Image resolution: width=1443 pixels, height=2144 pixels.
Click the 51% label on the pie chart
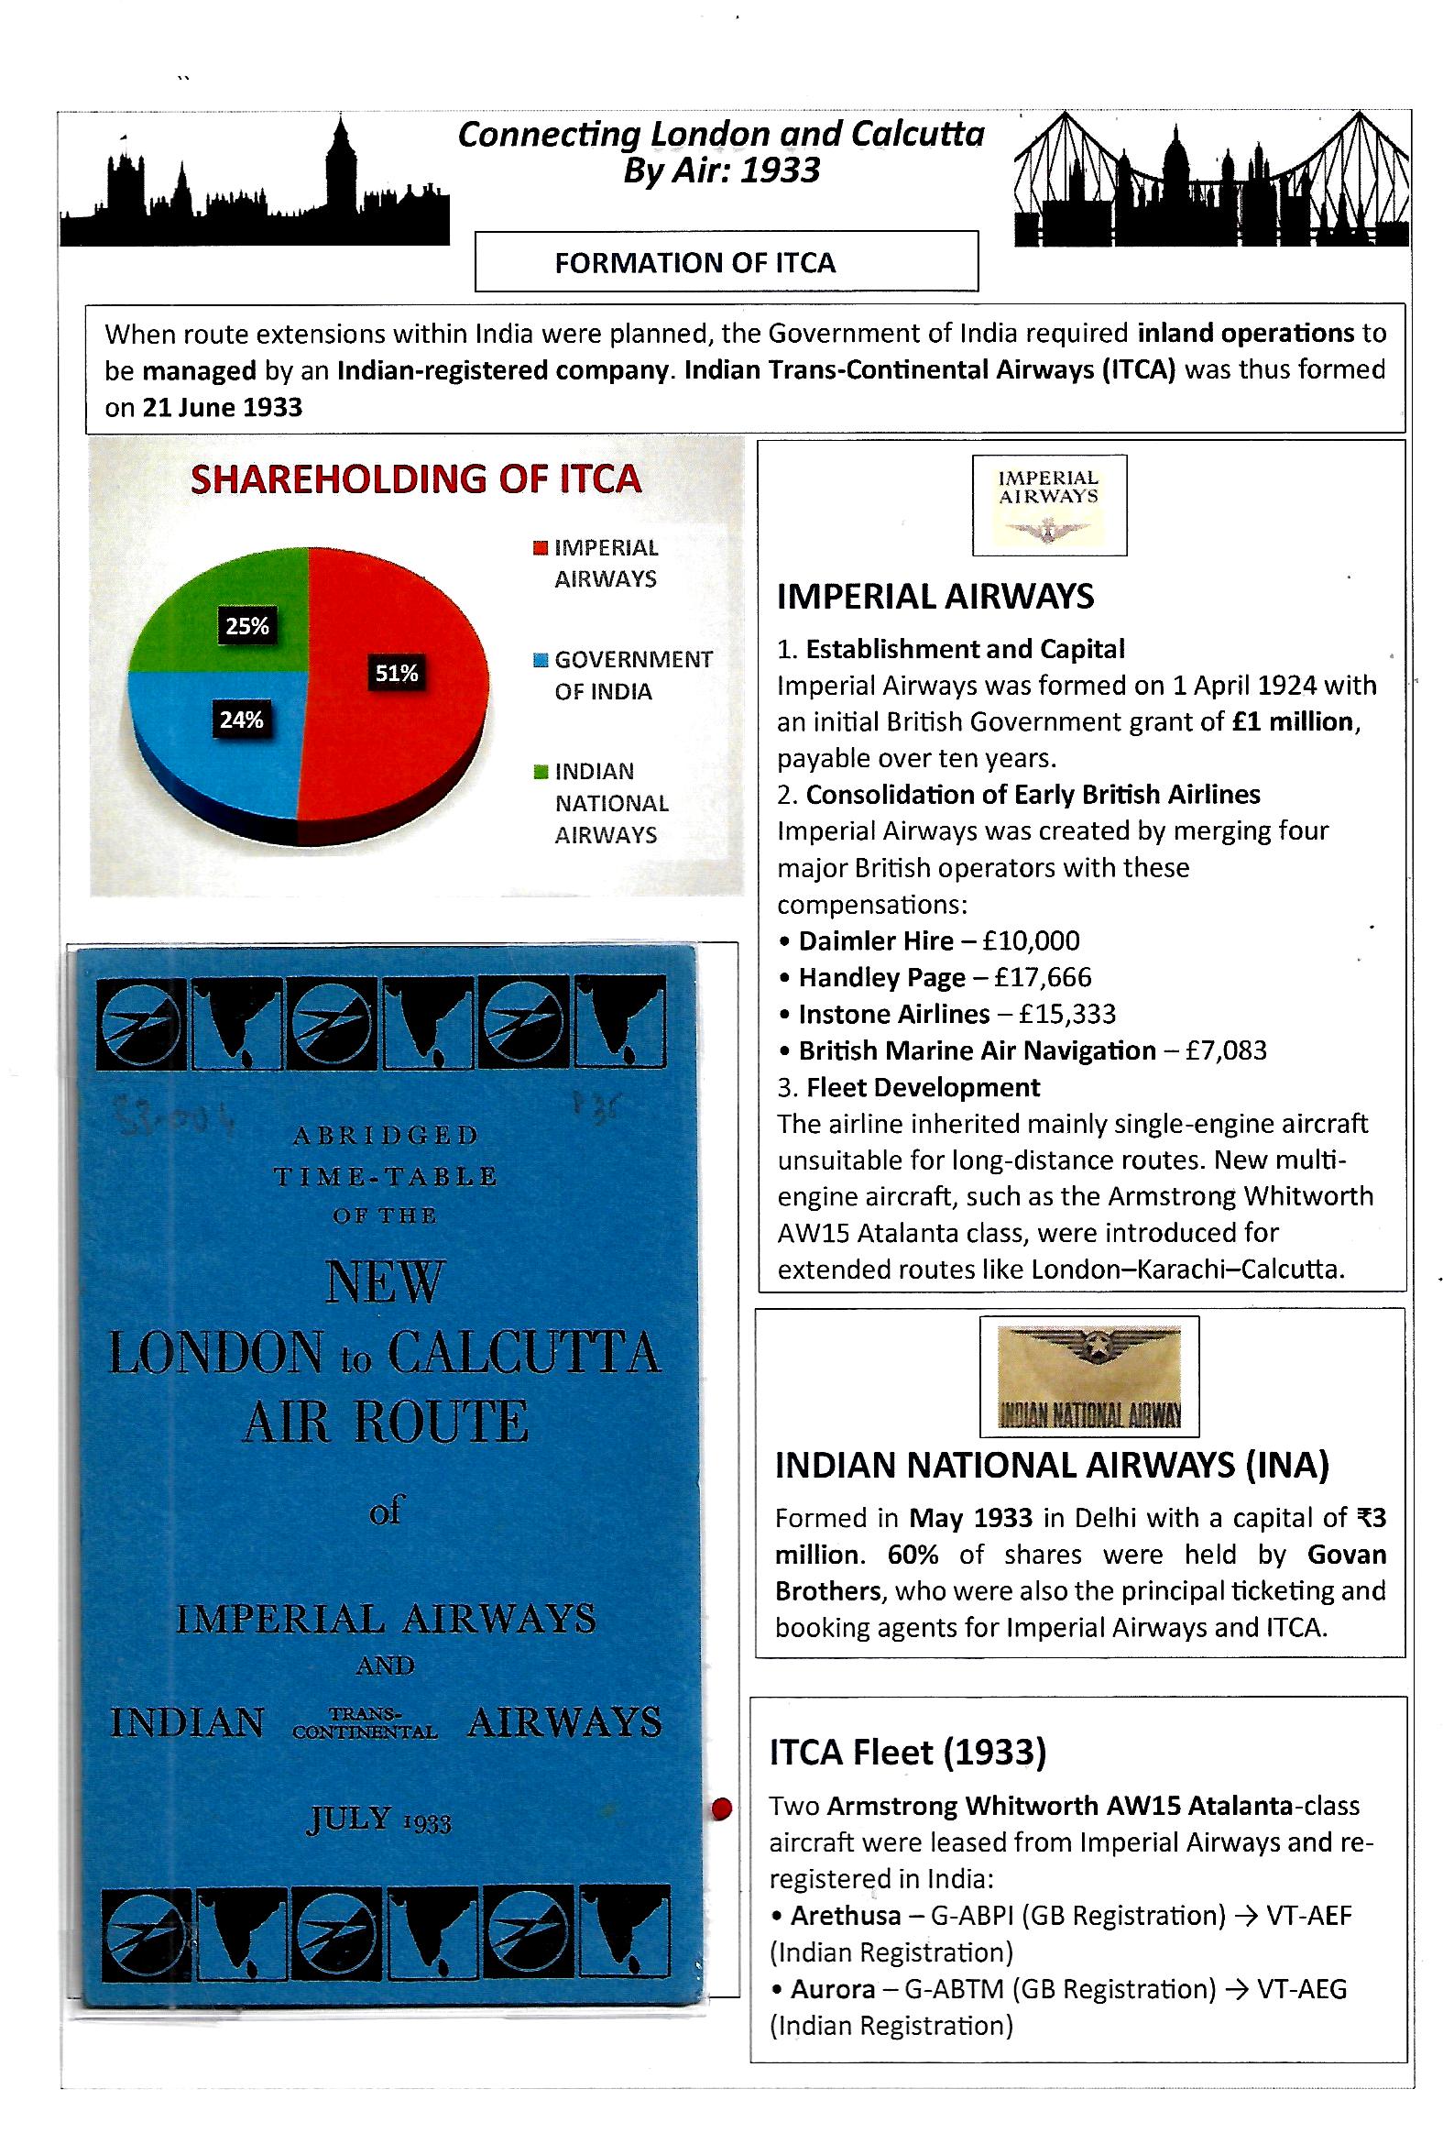pos(397,673)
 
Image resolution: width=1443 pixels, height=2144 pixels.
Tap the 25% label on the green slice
pos(247,626)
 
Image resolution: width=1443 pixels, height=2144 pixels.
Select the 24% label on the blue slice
pos(241,720)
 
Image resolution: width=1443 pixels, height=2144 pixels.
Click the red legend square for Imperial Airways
pos(541,549)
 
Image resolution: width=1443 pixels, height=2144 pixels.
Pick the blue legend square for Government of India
pos(541,660)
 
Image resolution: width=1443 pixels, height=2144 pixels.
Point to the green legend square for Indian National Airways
pos(541,772)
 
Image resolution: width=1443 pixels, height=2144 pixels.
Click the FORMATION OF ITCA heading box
pos(726,262)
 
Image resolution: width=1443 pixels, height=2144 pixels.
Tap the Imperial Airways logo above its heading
pos(1049,504)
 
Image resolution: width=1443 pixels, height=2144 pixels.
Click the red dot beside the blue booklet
pos(722,1809)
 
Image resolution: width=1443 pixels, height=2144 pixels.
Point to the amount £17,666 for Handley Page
pos(1036,977)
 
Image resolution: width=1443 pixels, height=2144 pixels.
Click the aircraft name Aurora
pos(833,1989)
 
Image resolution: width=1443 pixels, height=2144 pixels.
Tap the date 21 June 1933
pos(222,407)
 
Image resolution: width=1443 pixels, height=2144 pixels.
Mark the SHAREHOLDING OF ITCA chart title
pos(416,479)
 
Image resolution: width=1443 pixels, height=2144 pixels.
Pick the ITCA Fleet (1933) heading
pos(907,1753)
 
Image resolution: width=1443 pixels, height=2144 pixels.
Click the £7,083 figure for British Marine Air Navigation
pos(1226,1050)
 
